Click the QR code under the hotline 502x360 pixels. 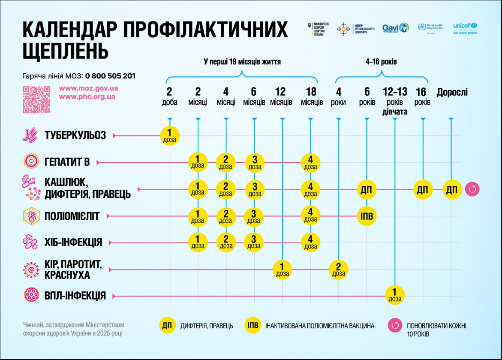(36, 100)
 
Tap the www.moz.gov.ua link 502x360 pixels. (88, 88)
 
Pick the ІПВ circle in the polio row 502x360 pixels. (367, 216)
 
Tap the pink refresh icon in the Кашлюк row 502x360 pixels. (472, 189)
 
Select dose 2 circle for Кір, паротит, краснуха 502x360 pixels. (339, 269)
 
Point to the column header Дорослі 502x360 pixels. (452, 92)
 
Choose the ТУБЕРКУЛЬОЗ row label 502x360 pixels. (75, 136)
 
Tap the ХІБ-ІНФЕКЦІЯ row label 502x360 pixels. (73, 242)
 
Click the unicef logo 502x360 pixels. (465, 28)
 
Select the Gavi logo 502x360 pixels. (395, 28)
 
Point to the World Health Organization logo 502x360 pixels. (431, 28)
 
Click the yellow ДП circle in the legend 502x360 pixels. (167, 326)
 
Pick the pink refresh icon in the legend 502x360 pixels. (394, 326)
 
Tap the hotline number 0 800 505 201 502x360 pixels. (110, 76)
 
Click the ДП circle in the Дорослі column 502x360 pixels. (452, 189)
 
